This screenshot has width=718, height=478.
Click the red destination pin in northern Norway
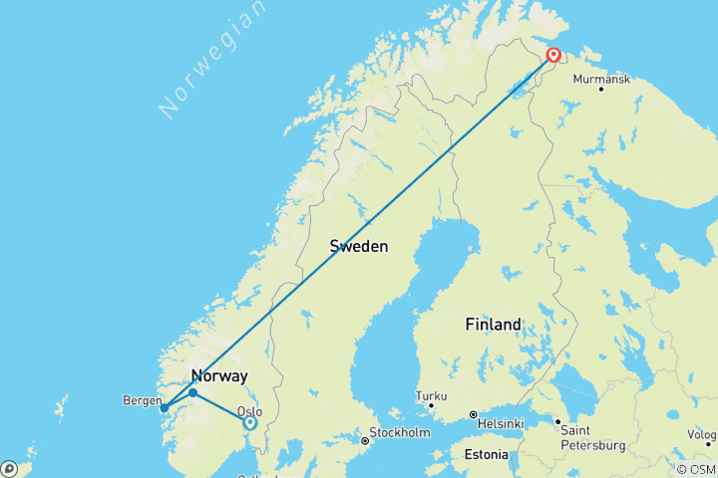[x=551, y=57]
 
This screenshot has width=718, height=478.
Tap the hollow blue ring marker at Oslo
[x=250, y=422]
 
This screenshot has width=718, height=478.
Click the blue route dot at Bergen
[x=164, y=407]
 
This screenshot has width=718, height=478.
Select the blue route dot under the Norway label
[x=192, y=392]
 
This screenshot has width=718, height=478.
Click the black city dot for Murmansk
[x=601, y=90]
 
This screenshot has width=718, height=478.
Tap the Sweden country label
[x=359, y=246]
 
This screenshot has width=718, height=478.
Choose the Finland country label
[x=494, y=325]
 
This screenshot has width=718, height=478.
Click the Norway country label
[x=217, y=375]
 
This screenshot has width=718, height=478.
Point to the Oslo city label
[x=249, y=409]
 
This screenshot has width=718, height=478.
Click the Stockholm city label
[x=400, y=433]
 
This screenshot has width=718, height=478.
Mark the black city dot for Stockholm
[x=365, y=439]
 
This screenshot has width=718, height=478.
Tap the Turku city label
[x=431, y=394]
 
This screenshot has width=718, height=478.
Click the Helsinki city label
[x=502, y=424]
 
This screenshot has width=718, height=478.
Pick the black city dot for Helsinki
[x=474, y=414]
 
